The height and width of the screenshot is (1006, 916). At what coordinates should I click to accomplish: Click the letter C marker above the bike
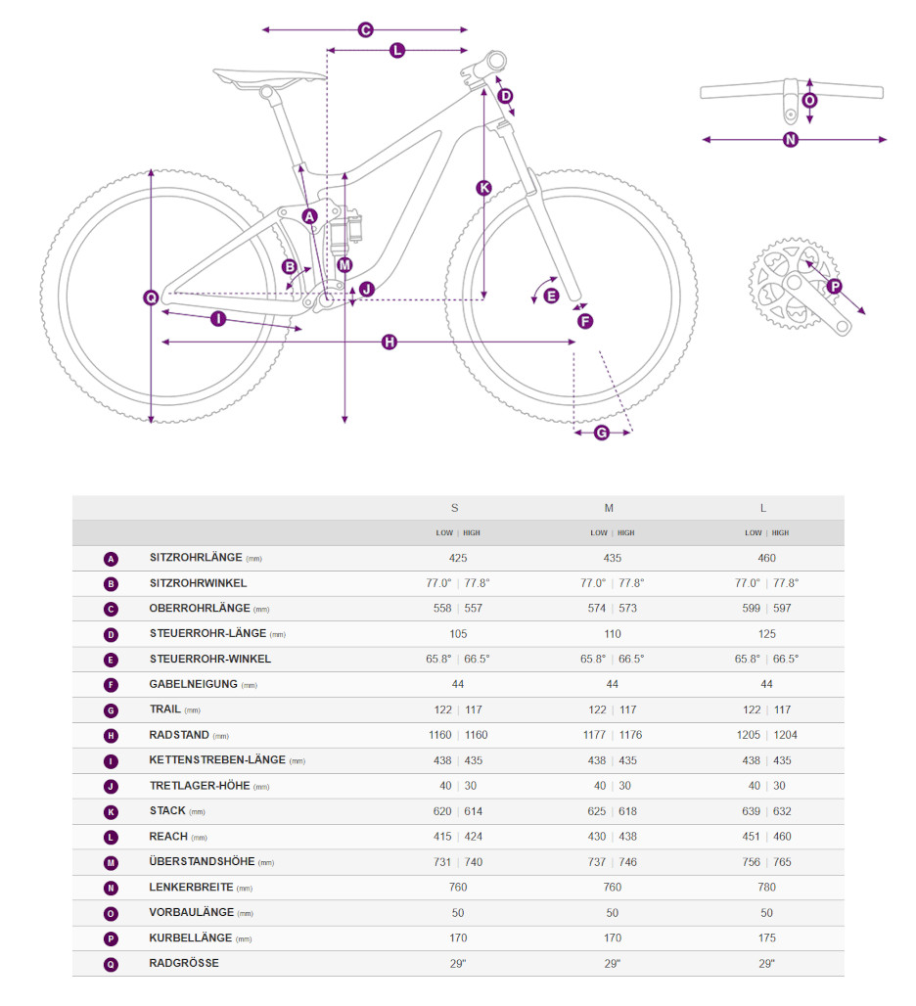pyautogui.click(x=365, y=30)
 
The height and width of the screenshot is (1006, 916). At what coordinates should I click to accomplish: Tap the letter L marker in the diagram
pyautogui.click(x=397, y=50)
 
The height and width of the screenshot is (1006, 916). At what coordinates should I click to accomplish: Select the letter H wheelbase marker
pyautogui.click(x=389, y=342)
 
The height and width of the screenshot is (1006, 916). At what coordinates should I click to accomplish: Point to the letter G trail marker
pyautogui.click(x=601, y=433)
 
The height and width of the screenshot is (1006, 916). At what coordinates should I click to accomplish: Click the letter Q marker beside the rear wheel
pyautogui.click(x=151, y=297)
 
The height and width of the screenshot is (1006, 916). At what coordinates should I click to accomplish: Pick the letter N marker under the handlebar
pyautogui.click(x=791, y=139)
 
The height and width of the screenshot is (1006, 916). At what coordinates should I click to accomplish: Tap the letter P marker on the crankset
pyautogui.click(x=834, y=287)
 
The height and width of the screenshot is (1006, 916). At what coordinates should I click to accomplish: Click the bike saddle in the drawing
pyautogui.click(x=269, y=76)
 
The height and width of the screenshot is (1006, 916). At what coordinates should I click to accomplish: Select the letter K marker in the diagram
pyautogui.click(x=483, y=188)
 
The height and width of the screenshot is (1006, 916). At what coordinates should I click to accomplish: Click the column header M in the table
pyautogui.click(x=609, y=508)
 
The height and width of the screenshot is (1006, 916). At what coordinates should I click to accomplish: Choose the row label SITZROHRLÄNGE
pyautogui.click(x=196, y=558)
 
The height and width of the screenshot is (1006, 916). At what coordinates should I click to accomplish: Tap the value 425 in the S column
pyautogui.click(x=458, y=558)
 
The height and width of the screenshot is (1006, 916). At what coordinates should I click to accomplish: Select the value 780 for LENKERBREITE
pyautogui.click(x=766, y=888)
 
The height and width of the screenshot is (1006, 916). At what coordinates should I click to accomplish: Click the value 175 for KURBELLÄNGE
pyautogui.click(x=766, y=937)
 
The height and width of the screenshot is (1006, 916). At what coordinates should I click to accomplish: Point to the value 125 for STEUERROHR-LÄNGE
pyautogui.click(x=766, y=634)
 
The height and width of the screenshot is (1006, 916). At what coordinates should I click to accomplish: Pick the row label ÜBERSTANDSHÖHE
pyautogui.click(x=202, y=862)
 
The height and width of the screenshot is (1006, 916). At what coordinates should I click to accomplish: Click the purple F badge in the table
pyautogui.click(x=111, y=685)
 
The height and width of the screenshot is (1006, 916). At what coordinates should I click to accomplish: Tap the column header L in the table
pyautogui.click(x=763, y=508)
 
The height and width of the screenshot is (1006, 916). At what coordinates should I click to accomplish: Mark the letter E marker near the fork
pyautogui.click(x=551, y=296)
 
